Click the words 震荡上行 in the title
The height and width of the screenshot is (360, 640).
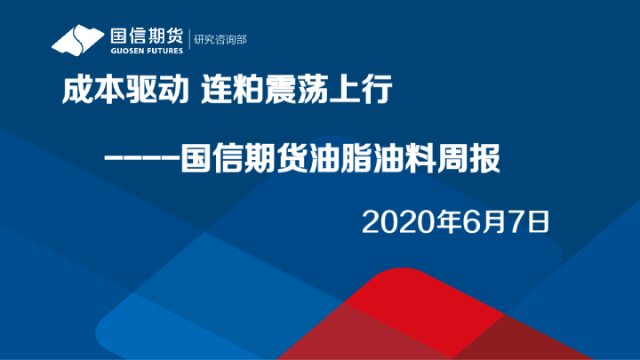(x=329, y=91)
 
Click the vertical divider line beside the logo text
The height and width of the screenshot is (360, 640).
(x=189, y=41)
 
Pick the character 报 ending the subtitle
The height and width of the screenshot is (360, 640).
(x=484, y=161)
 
